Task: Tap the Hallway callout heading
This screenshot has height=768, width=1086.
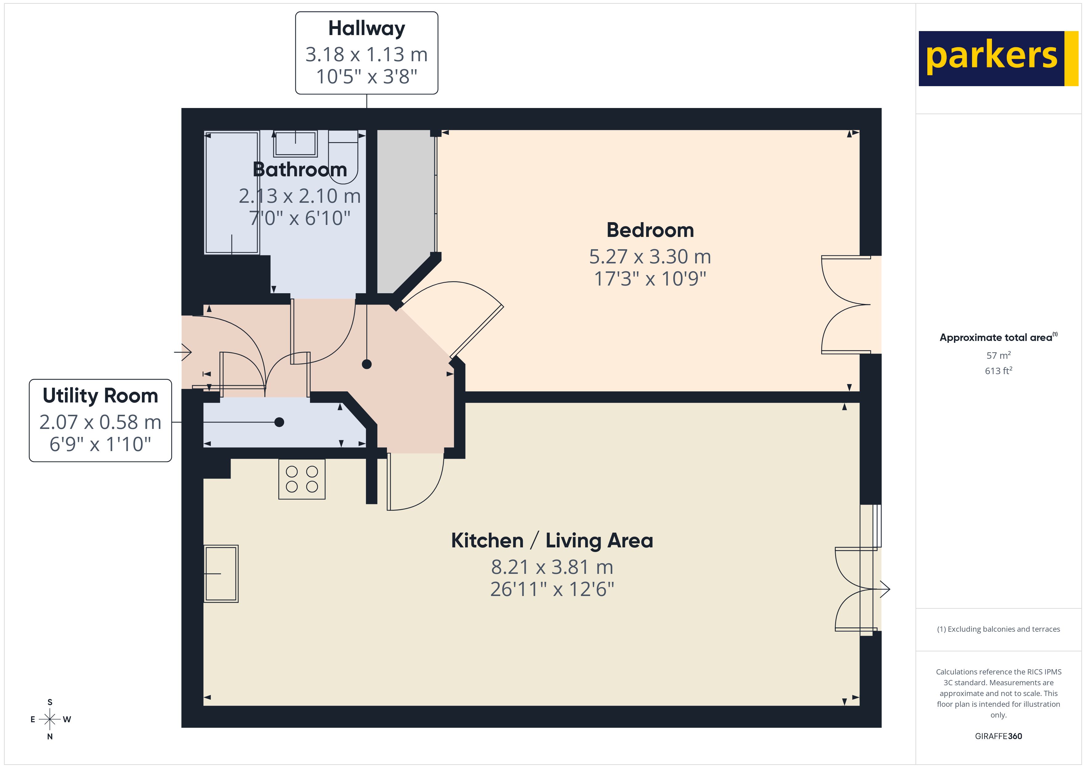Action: (x=367, y=28)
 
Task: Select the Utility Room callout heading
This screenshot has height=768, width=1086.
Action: (x=100, y=396)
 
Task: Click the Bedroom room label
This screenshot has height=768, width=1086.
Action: (x=650, y=230)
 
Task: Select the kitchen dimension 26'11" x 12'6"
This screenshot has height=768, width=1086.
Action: (x=552, y=589)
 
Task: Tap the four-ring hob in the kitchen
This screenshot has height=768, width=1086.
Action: (x=302, y=479)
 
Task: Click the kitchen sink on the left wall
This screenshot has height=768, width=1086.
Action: (x=221, y=574)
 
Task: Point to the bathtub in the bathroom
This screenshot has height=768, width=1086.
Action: (x=231, y=193)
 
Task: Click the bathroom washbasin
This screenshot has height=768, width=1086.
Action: (x=295, y=143)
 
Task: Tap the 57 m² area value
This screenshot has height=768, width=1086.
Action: (x=998, y=355)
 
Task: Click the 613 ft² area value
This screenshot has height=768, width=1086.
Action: (x=998, y=371)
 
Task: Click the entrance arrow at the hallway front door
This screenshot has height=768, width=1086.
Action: (x=183, y=352)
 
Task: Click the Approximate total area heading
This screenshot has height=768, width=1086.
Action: (x=997, y=337)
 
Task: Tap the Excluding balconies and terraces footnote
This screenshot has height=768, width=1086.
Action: (x=998, y=629)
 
